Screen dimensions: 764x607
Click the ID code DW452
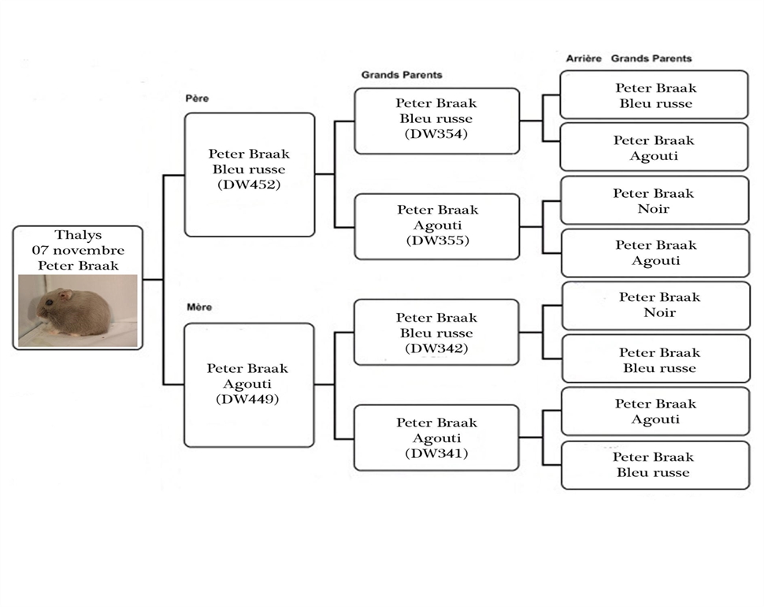[x=249, y=184]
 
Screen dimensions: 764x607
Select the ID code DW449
[x=247, y=400]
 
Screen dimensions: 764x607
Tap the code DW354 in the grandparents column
[x=436, y=134]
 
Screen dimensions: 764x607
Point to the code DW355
[x=438, y=240]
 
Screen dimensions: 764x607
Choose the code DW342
[x=436, y=348]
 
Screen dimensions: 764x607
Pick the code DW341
[x=436, y=453]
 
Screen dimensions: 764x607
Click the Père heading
[x=197, y=99]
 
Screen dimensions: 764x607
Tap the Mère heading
[x=199, y=307]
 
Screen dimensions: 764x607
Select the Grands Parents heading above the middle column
[x=402, y=75]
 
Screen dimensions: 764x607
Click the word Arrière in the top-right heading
[x=584, y=58]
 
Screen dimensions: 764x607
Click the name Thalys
[x=78, y=235]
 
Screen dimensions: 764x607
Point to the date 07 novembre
[x=78, y=251]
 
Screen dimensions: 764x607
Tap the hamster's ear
[x=65, y=295]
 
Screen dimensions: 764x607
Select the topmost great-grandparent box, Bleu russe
[x=654, y=95]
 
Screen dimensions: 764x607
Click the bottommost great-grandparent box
[x=655, y=465]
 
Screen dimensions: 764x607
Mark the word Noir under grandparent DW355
[x=654, y=209]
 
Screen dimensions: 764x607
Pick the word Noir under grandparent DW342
[x=660, y=313]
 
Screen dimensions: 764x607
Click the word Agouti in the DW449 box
[x=247, y=385]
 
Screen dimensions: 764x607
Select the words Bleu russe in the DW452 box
[x=249, y=169]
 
